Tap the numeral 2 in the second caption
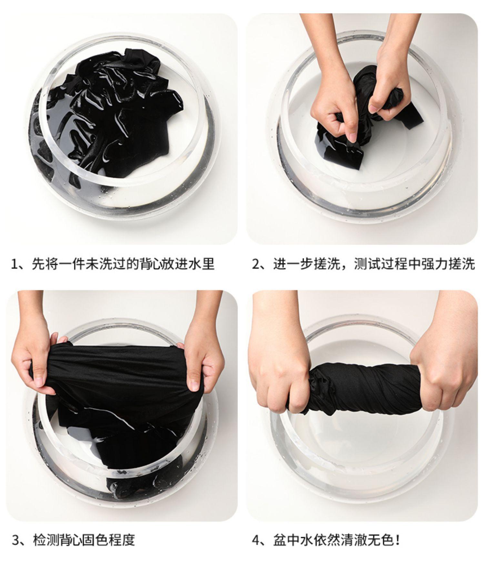tap(256, 264)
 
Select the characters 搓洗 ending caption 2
tap(464, 264)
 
